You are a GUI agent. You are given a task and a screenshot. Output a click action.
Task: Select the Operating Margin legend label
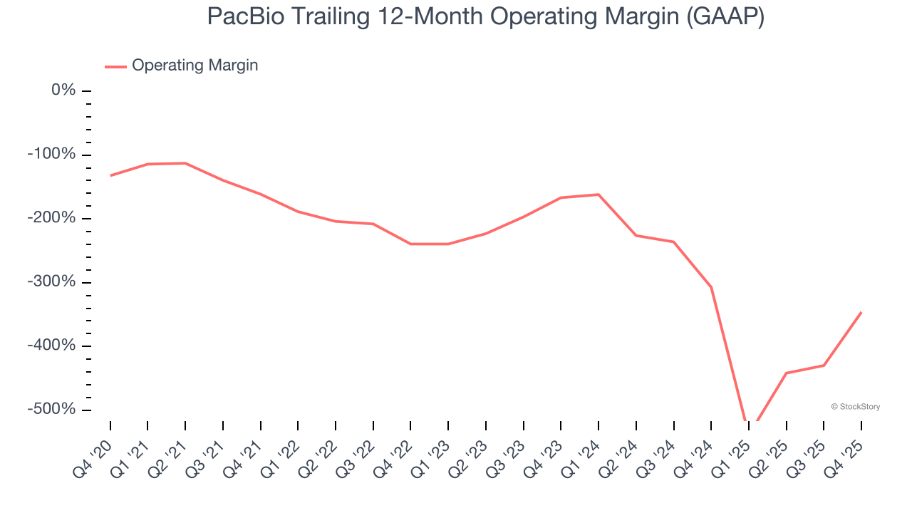195,66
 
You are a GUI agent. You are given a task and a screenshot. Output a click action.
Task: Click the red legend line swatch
115,66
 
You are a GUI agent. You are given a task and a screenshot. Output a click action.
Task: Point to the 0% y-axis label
63,90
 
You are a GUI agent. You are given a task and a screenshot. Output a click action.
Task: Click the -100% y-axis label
52,155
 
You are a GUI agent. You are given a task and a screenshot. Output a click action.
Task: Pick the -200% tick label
52,218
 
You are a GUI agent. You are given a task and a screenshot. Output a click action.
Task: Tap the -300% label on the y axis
52,282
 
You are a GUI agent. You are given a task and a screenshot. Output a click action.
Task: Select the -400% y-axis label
52,346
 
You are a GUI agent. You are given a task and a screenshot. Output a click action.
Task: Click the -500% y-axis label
52,410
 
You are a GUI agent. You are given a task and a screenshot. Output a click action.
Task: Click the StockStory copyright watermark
855,407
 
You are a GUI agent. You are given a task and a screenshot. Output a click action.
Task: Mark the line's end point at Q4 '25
861,313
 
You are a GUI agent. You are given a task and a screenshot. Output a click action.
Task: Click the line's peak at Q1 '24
598,195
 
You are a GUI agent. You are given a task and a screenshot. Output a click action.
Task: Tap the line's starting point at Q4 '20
110,175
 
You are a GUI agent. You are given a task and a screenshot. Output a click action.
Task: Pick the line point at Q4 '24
711,287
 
